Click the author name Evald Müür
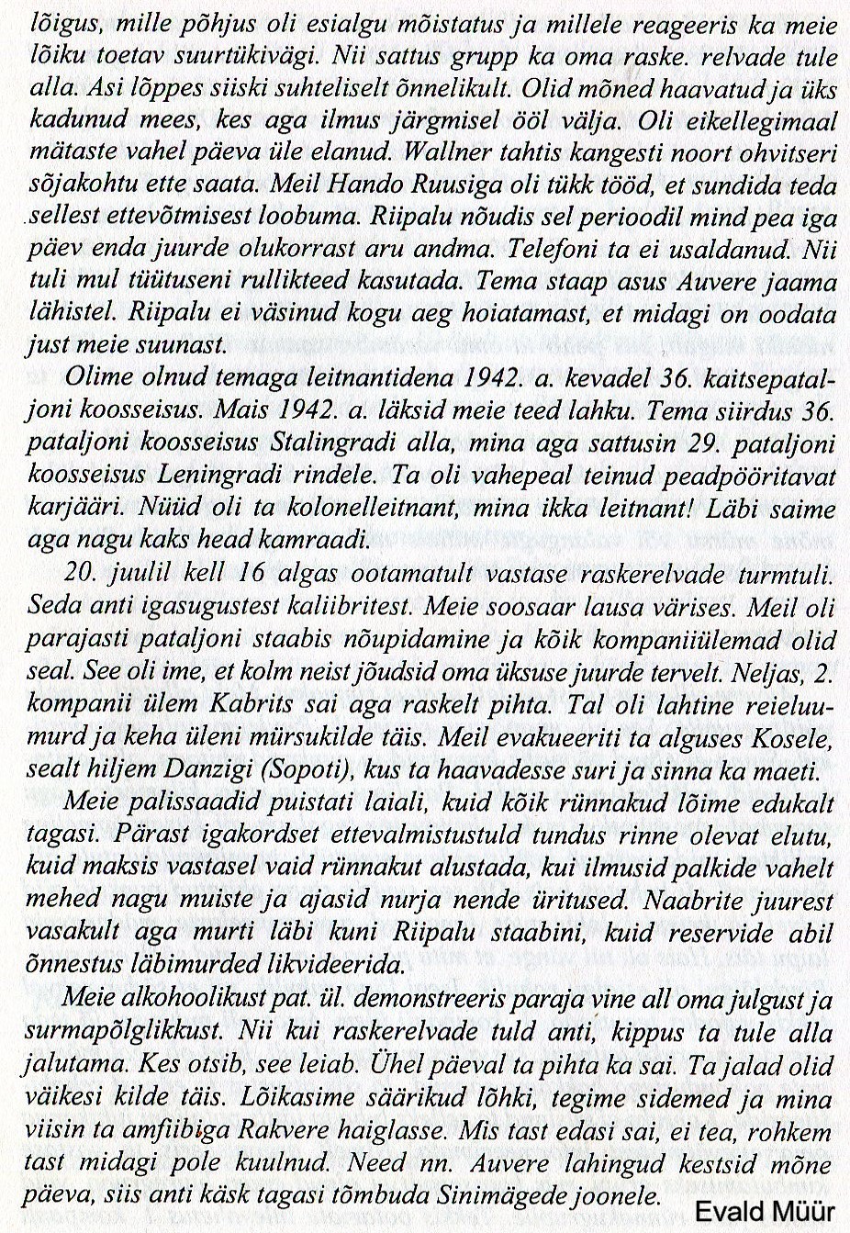(x=765, y=1211)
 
